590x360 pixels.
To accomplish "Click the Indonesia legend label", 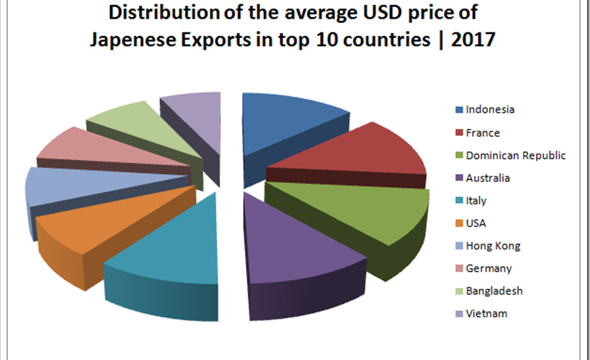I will coord(491,109).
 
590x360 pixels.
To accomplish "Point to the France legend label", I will coord(482,132).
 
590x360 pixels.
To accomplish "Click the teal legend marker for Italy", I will coord(459,201).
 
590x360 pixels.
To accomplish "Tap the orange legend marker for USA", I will coord(459,223).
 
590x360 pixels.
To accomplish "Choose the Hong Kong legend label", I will coord(493,246).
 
